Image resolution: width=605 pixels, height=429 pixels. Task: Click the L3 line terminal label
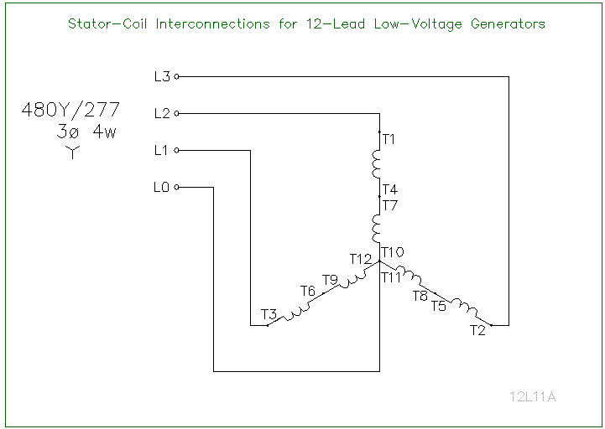click(162, 76)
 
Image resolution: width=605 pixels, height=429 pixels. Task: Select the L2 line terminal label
click(162, 113)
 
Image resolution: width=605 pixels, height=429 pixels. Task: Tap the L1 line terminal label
click(162, 150)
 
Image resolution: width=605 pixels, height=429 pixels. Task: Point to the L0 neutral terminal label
click(162, 188)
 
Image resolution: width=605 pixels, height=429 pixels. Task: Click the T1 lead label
click(389, 139)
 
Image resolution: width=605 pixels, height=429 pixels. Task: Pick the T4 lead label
click(389, 189)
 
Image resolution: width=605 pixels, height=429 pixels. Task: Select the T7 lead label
click(389, 204)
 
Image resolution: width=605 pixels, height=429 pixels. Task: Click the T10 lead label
click(392, 252)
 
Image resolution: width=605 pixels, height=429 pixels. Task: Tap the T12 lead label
click(361, 259)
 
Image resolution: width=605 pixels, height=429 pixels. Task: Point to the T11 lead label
click(392, 277)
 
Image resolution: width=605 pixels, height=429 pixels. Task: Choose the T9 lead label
click(330, 279)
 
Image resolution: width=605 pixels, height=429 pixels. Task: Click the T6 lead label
click(308, 291)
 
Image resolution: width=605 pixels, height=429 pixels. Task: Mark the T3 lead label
click(269, 314)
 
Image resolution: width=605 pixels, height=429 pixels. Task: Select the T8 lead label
click(420, 296)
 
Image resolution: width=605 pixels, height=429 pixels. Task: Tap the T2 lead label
click(477, 330)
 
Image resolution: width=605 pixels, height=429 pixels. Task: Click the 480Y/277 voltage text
click(75, 110)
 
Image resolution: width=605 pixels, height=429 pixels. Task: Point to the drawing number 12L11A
click(532, 396)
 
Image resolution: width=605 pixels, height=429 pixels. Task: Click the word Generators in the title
click(501, 23)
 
